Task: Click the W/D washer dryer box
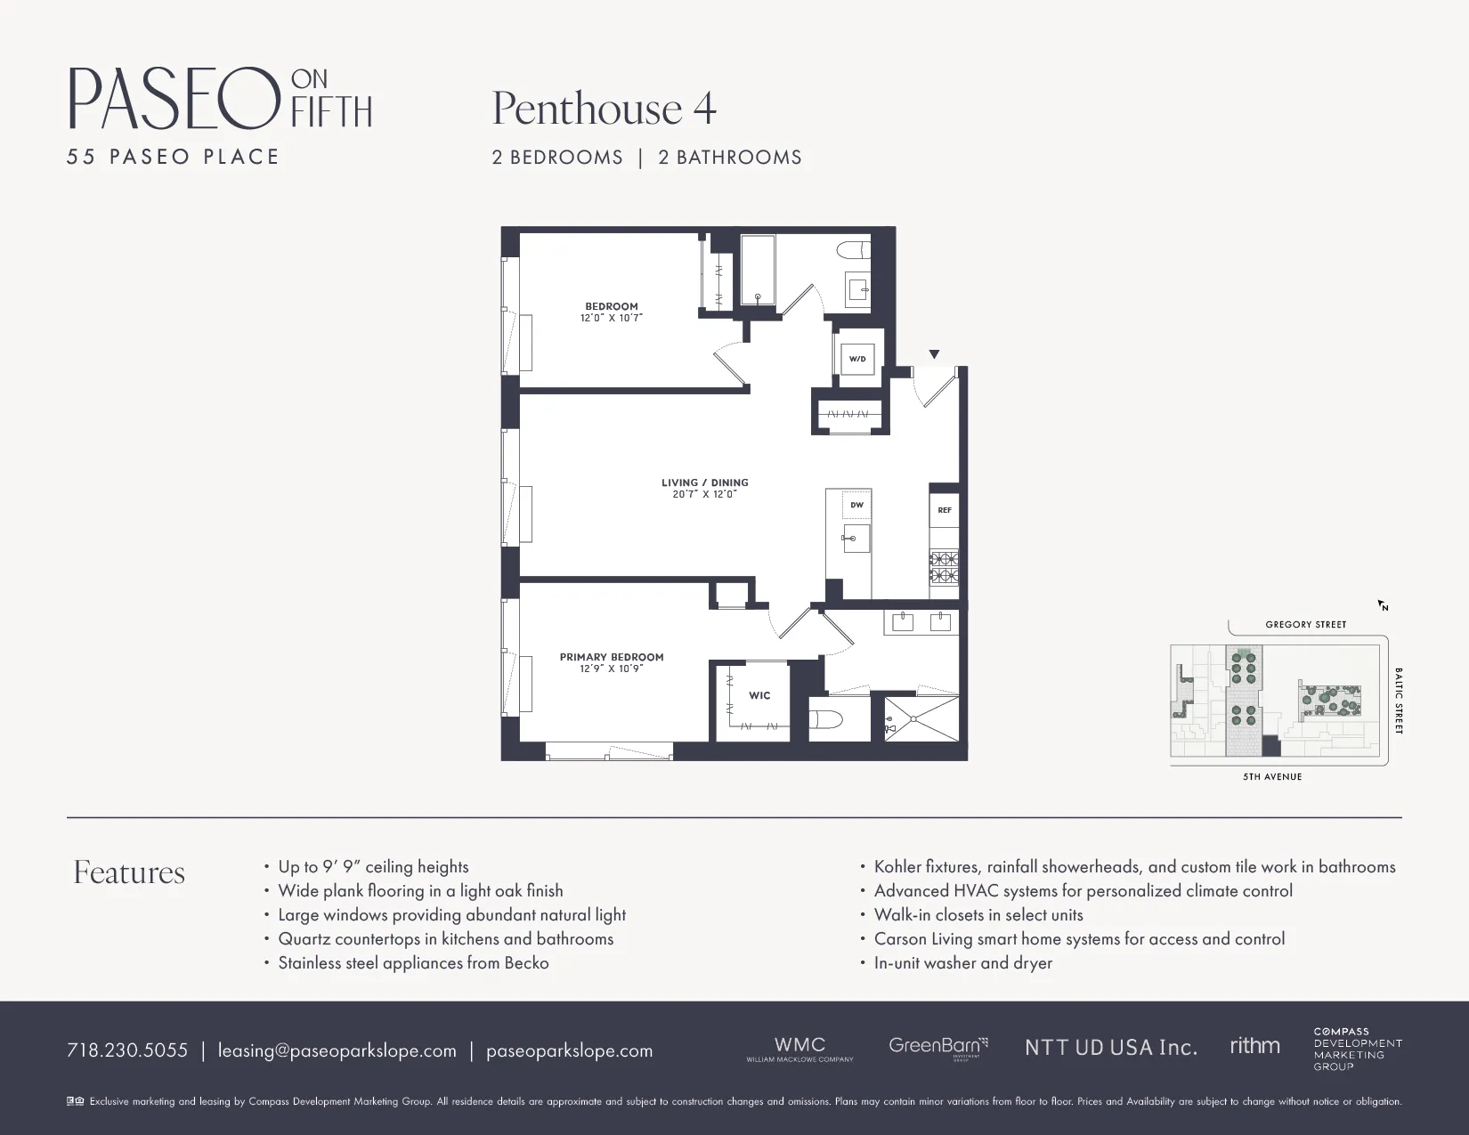857,359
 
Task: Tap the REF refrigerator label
945,510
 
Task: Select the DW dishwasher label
856,505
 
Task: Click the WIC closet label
759,695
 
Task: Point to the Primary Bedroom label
612,657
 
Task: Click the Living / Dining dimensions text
705,494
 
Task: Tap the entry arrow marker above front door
934,354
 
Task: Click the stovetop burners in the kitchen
945,567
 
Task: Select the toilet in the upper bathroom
856,249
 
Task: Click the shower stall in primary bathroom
922,718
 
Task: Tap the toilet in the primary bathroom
826,719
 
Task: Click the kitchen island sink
856,538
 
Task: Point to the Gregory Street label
1305,624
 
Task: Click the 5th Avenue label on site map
1272,777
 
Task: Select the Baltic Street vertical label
1399,701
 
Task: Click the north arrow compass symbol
1383,605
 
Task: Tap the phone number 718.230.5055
127,1050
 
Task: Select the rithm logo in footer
1254,1046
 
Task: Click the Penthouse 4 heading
604,109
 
